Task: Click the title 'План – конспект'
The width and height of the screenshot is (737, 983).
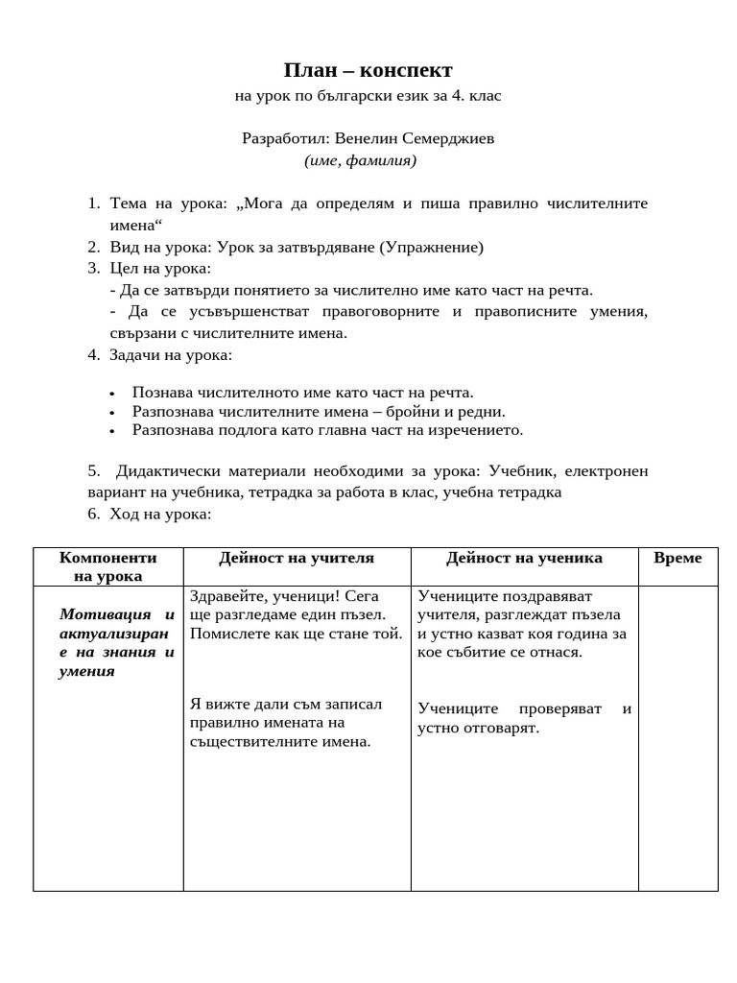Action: click(x=368, y=70)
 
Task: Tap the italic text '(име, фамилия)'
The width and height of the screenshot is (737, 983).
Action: click(x=361, y=160)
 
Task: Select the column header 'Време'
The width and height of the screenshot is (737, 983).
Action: click(x=678, y=558)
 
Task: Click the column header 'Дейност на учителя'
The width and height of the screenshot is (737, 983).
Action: click(x=297, y=558)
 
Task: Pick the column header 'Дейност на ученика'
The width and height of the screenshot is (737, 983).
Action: click(x=524, y=558)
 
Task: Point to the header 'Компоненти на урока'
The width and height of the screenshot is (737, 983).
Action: click(x=107, y=566)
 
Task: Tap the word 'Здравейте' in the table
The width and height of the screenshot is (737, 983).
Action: click(x=227, y=595)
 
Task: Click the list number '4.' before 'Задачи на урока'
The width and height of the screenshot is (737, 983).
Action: click(x=93, y=354)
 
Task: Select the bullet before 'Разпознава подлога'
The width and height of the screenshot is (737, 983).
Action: click(x=112, y=431)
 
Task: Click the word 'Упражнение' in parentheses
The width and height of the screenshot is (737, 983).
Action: click(x=431, y=247)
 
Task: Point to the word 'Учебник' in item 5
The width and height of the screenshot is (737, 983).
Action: click(x=520, y=470)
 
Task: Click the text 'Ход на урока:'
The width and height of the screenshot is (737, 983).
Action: click(x=160, y=514)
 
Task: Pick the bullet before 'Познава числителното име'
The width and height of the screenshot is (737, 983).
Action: click(x=112, y=393)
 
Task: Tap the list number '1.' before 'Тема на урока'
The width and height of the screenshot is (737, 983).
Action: click(x=93, y=204)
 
